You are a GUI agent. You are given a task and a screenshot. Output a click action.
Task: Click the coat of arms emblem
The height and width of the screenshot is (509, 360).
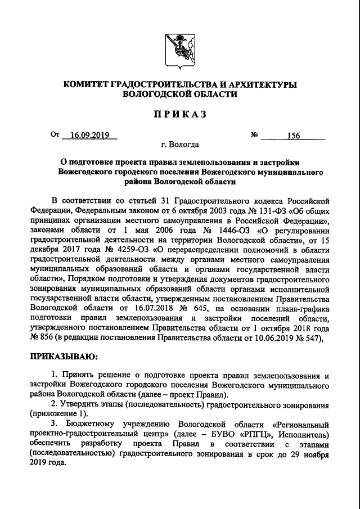click(180, 50)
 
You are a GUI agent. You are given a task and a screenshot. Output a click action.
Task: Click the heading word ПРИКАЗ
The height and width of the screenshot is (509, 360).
click(180, 114)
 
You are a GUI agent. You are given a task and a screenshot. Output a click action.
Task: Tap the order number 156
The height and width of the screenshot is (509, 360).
click(294, 136)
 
